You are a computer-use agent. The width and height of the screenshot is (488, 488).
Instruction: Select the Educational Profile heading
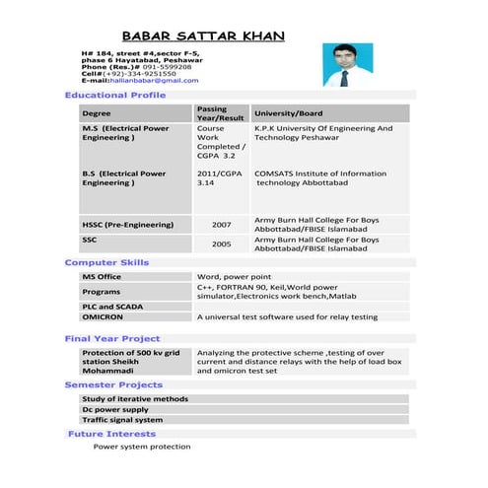(x=114, y=95)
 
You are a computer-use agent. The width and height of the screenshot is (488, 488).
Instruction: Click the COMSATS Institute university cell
(x=319, y=178)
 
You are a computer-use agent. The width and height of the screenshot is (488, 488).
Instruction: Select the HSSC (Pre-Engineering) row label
(x=120, y=225)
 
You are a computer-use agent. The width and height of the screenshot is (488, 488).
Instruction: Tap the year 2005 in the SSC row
(x=221, y=244)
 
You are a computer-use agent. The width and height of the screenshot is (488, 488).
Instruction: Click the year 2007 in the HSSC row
(x=221, y=225)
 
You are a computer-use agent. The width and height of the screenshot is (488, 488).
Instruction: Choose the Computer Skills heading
(x=106, y=263)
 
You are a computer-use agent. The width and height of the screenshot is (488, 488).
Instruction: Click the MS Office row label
(x=102, y=278)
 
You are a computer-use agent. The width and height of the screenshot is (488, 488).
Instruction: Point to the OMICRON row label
(x=102, y=317)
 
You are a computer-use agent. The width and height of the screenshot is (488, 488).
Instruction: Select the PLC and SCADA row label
(x=112, y=307)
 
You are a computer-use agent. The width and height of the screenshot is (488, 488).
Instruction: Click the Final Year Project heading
(x=111, y=339)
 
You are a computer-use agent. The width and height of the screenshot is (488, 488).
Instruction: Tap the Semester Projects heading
(x=113, y=384)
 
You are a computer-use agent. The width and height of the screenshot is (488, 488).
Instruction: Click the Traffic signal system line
(x=122, y=420)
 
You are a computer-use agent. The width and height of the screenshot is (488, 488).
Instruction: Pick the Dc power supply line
(x=115, y=409)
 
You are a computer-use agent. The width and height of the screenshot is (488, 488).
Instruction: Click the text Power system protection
(x=142, y=447)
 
